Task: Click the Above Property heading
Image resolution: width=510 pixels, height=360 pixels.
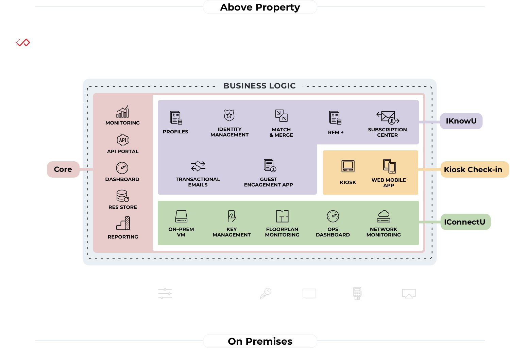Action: pos(260,7)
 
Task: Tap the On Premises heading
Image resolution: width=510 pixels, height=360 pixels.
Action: pos(260,341)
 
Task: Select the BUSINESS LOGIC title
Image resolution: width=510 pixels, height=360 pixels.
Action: pos(259,86)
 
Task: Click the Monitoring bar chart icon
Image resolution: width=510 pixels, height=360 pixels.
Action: pos(123,112)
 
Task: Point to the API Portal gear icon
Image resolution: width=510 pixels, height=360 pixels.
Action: pos(123,140)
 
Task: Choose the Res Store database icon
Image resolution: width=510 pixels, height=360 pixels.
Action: pos(123,196)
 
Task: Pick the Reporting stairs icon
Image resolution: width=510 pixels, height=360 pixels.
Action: pos(123,224)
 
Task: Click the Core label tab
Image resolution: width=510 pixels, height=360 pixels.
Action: pos(63,169)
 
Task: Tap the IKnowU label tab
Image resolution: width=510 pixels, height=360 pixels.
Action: pos(461,121)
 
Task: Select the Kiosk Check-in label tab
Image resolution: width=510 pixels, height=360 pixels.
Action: pos(473,169)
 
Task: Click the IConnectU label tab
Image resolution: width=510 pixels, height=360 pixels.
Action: pos(464,222)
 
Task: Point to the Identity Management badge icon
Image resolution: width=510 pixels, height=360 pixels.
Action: pos(230,115)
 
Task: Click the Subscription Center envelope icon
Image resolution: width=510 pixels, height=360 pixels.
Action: pos(388,117)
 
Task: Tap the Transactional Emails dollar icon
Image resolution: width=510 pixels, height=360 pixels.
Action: pos(198,166)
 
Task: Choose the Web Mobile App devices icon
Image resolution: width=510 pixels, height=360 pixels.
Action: pos(389,166)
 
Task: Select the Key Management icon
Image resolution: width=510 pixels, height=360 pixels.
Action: pos(232,216)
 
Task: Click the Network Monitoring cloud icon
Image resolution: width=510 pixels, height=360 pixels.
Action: pos(384,216)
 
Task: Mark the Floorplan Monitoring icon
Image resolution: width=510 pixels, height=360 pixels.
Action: pos(282,216)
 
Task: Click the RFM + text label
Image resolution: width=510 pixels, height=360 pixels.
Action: pos(336,132)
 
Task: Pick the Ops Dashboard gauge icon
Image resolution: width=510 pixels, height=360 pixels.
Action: pos(333,216)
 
